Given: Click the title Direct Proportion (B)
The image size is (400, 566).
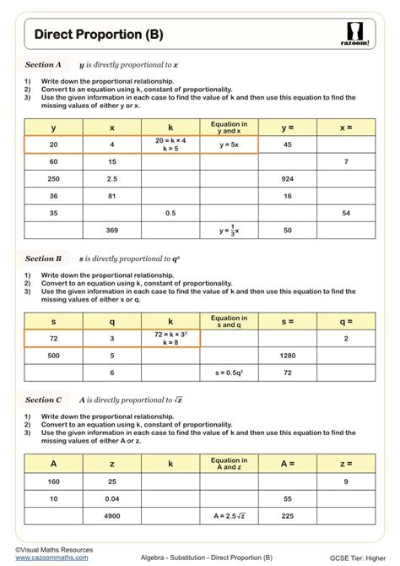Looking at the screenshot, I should (99, 35).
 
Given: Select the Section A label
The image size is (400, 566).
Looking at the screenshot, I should (44, 64).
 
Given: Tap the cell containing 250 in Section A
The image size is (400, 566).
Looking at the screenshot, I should (53, 178).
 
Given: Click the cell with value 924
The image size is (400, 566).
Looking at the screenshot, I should (287, 178).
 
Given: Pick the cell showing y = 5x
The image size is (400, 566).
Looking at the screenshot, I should (229, 144).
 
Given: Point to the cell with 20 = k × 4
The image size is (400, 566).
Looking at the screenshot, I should (170, 144).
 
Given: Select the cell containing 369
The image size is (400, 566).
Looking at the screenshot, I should (112, 230).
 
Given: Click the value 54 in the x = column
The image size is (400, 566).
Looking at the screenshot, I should (346, 213).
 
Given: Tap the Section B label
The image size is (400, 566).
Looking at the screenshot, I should (44, 259).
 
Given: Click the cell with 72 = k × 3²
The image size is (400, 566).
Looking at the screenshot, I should (170, 339).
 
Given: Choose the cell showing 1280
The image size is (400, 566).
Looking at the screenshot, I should (287, 356).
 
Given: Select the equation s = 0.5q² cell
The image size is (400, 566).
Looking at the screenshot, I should (229, 372).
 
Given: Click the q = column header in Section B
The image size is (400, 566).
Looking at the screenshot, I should (346, 321).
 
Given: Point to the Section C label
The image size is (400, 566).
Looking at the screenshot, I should (44, 400).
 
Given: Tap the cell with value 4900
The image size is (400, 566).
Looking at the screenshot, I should (112, 515).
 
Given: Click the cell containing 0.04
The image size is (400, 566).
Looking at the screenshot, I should (112, 498).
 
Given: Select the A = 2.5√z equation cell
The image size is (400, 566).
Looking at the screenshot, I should (229, 515).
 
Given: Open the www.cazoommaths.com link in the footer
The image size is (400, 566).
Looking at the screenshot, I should (48, 558).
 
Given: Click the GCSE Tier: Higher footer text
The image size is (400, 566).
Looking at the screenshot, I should (354, 558).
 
